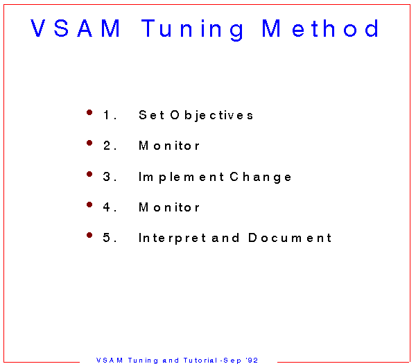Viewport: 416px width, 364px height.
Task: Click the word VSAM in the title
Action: [x=76, y=28]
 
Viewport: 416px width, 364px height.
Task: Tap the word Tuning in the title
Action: [x=192, y=30]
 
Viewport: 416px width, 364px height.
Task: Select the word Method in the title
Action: [x=320, y=28]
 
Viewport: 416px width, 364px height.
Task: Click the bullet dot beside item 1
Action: [x=89, y=112]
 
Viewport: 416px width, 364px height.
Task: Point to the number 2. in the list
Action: [x=110, y=146]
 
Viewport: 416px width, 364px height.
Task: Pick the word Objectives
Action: [x=211, y=116]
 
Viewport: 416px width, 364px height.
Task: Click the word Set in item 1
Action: [x=151, y=115]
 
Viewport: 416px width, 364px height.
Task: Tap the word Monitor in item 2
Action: [x=169, y=146]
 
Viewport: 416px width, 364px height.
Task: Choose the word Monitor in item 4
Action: [x=169, y=207]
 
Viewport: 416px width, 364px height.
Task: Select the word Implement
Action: [x=181, y=177]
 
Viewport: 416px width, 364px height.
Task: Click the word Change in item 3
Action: [x=261, y=177]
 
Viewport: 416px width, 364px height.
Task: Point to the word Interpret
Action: [x=172, y=239]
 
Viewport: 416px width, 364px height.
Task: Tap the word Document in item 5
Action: [x=290, y=238]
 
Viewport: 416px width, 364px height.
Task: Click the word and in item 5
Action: [x=225, y=238]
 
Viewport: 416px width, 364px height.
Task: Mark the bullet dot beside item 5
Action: [x=89, y=235]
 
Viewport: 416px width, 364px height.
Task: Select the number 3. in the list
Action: [x=110, y=177]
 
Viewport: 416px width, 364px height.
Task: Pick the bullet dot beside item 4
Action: [x=89, y=205]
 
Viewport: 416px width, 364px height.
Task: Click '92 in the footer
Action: [x=252, y=361]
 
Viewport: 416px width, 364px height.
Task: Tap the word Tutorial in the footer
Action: [x=200, y=361]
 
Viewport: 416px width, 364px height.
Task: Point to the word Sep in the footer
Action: [x=232, y=361]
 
